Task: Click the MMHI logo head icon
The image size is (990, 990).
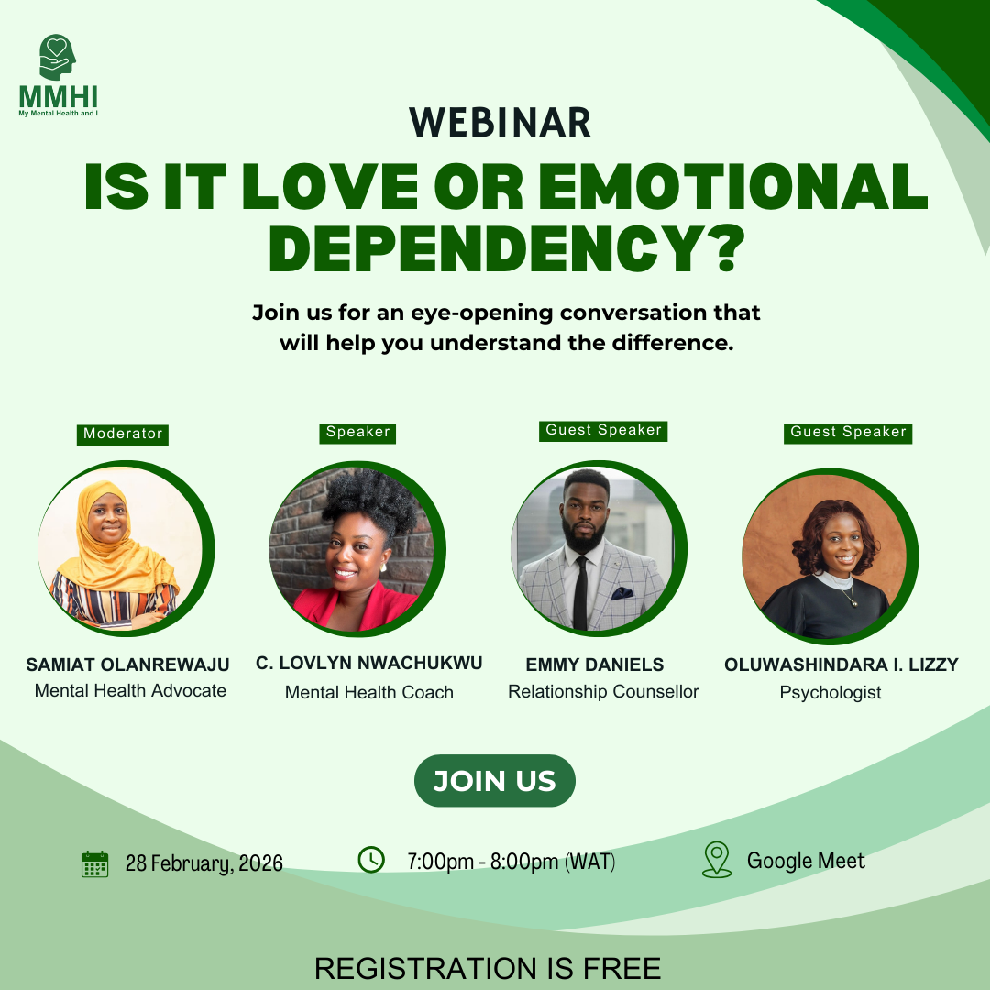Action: [58, 57]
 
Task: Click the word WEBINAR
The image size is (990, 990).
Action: [500, 123]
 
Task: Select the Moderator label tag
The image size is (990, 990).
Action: [123, 434]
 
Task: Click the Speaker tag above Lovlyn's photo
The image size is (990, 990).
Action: [357, 432]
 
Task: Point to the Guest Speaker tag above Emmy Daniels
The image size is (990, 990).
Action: [603, 430]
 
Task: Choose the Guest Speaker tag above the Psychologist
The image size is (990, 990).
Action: [848, 432]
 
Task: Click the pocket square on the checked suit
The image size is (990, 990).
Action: [622, 592]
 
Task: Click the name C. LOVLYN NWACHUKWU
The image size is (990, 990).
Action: [369, 663]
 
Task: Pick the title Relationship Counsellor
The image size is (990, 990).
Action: [603, 692]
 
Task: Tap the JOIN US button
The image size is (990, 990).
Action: [494, 781]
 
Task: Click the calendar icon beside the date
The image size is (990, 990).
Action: [94, 863]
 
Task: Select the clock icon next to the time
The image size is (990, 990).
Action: [370, 860]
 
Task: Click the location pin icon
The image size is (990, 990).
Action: [716, 860]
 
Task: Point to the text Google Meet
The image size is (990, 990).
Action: [806, 861]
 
